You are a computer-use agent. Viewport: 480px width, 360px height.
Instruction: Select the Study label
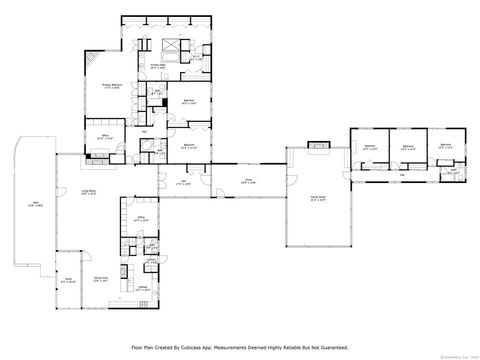tap(68, 282)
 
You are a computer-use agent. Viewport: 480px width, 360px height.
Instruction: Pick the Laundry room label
tap(150, 262)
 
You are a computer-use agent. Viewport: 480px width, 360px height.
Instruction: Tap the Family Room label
tap(317, 200)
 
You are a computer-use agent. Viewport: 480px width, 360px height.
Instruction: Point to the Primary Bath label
tap(158, 67)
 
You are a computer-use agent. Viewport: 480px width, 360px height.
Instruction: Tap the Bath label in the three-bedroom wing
tap(454, 170)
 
